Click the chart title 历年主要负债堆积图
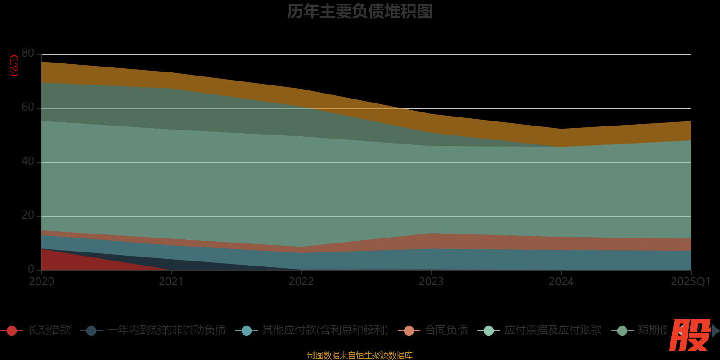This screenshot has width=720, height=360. [x=360, y=12]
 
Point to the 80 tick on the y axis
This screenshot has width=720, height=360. [x=28, y=53]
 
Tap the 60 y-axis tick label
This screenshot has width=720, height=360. [x=28, y=107]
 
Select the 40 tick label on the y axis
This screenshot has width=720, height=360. [x=28, y=161]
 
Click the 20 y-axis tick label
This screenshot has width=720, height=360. [x=28, y=215]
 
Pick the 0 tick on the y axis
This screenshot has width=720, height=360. [x=31, y=269]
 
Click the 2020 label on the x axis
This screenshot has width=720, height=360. [x=41, y=282]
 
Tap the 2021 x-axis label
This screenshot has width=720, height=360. [x=171, y=282]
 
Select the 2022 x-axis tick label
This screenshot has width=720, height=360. [x=301, y=282]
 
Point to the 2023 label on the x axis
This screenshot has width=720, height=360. [x=431, y=282]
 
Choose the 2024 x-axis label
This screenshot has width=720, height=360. [x=561, y=282]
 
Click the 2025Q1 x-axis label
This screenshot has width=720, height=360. [x=690, y=282]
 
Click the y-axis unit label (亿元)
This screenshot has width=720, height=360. [x=14, y=66]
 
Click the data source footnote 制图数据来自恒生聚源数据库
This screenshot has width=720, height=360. [x=360, y=355]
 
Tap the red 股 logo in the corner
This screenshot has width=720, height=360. [x=689, y=335]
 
